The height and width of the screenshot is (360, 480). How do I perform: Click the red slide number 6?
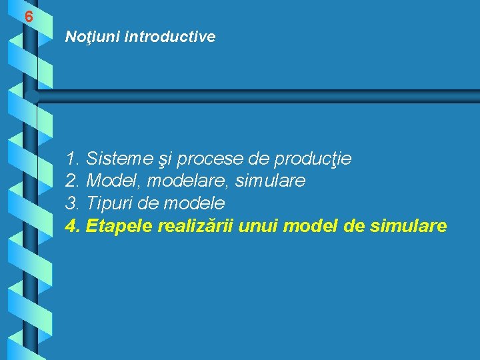[x=29, y=17]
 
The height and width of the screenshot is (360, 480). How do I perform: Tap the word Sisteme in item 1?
[x=118, y=159]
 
